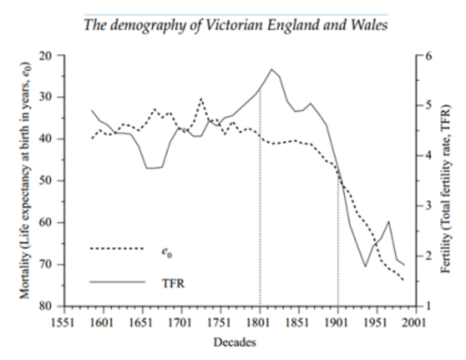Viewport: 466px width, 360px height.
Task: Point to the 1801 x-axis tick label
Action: click(x=260, y=322)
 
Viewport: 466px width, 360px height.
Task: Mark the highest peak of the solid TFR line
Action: click(x=272, y=69)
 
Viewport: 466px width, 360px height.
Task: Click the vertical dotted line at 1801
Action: click(x=260, y=221)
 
